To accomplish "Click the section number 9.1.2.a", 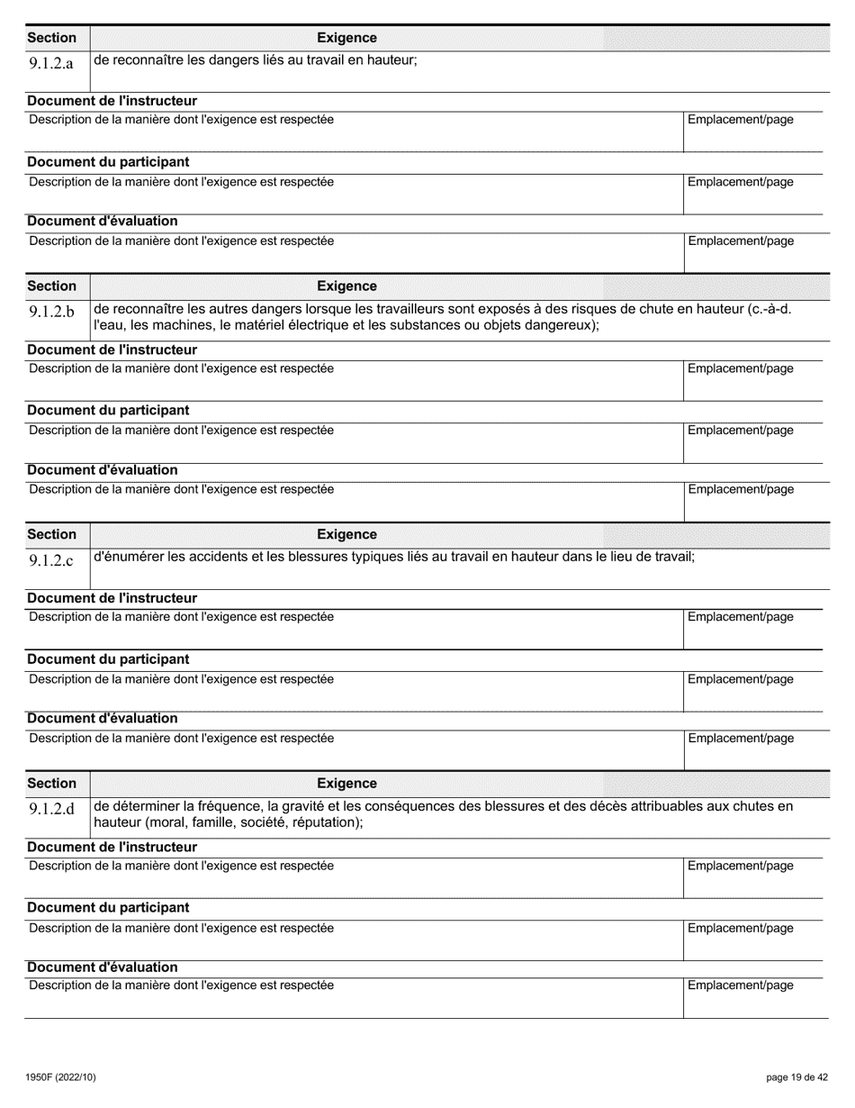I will (51, 64).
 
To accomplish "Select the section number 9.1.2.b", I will (51, 312).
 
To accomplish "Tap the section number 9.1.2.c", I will (51, 560).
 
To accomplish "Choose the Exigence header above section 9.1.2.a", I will (346, 38).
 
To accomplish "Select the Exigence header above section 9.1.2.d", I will (346, 784).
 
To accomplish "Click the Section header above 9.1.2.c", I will (51, 535).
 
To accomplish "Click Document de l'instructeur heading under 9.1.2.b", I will (112, 350).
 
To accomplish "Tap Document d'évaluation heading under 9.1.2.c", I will (103, 718).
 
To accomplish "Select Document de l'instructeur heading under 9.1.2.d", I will (112, 847).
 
